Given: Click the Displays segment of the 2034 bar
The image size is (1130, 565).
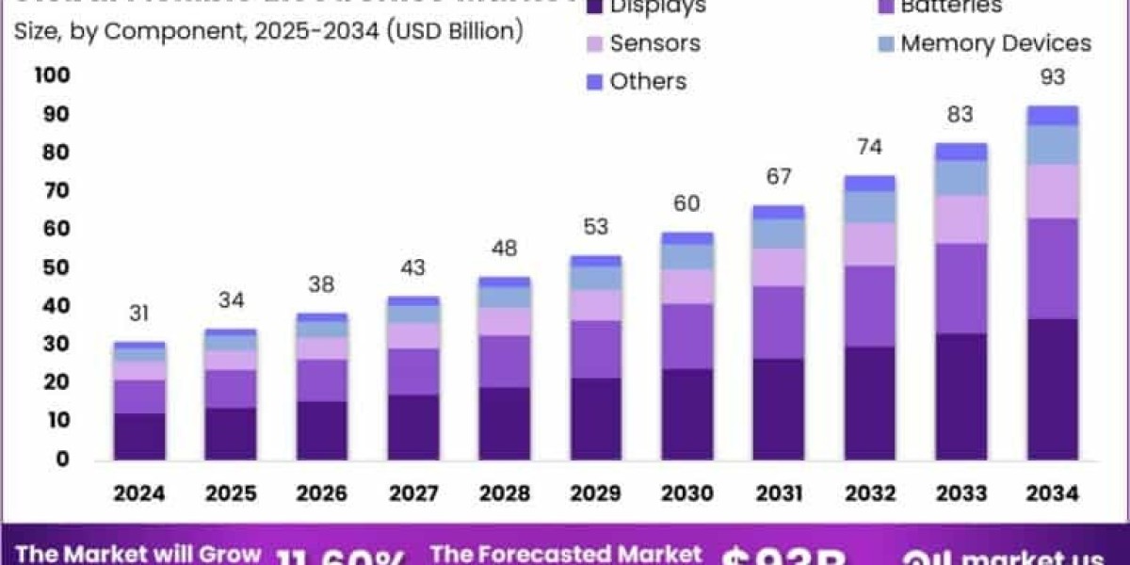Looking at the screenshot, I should coord(1052,389).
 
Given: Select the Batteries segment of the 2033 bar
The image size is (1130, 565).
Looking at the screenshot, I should coord(961,288).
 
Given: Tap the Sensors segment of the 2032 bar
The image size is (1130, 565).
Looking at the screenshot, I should coord(869,244).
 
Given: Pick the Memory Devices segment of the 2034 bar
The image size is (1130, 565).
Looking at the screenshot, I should coord(1052,144).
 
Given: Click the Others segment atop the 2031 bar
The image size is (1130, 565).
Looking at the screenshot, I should coord(778,212).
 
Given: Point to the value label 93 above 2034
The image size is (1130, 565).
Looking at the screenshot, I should coord(1052,77).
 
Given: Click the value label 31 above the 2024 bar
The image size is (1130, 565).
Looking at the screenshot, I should coord(139,314).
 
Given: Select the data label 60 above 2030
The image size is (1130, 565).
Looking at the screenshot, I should coord(686,203).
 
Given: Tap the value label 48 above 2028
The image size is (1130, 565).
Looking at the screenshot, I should coord(504,249).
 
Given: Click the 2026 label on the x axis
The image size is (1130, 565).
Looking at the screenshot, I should coord(321,492).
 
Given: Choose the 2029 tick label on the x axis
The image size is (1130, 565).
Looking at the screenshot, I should coord(595,492).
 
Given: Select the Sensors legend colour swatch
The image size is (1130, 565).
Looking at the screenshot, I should coord(595,43).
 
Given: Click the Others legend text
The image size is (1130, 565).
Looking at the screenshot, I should coord(648,81).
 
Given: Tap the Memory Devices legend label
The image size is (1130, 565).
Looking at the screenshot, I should coord(995,43).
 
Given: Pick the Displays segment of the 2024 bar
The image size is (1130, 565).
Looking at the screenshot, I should coord(139,436).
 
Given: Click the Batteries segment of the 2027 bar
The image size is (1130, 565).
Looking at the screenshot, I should coord(412,371).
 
